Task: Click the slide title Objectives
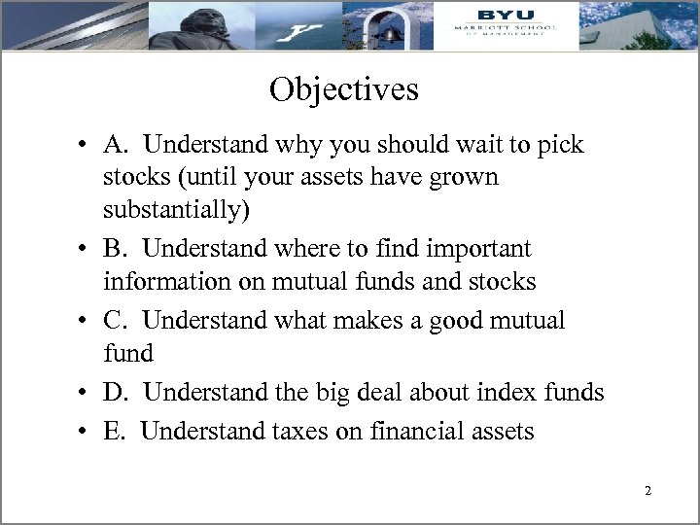click(x=344, y=89)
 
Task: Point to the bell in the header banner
click(x=391, y=31)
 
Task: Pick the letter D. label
click(x=119, y=393)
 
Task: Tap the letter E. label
click(x=117, y=430)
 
